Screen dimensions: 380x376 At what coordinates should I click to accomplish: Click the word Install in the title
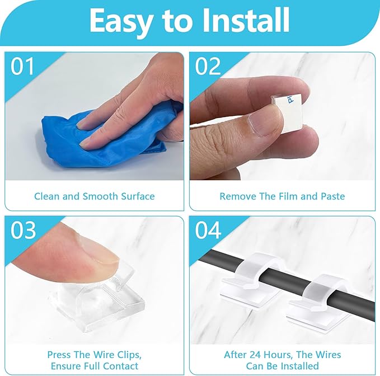click(246, 20)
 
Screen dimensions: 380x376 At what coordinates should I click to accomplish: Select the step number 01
click(22, 67)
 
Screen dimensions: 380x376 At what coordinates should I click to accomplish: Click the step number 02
click(208, 67)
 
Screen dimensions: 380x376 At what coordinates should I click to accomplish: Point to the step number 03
click(23, 230)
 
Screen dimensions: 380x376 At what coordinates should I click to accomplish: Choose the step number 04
click(208, 230)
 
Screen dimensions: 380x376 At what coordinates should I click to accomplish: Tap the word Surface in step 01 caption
click(138, 196)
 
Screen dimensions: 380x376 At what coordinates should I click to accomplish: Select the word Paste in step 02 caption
click(332, 196)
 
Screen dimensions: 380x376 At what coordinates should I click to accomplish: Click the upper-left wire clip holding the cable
click(255, 279)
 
